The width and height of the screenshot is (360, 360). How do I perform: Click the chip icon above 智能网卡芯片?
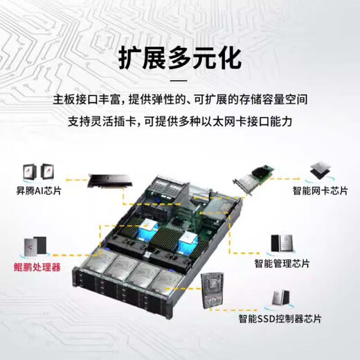pyautogui.click(x=319, y=165)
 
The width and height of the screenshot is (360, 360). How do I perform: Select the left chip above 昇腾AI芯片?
pyautogui.click(x=28, y=172)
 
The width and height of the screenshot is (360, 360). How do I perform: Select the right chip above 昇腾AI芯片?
pyautogui.click(x=48, y=172)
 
